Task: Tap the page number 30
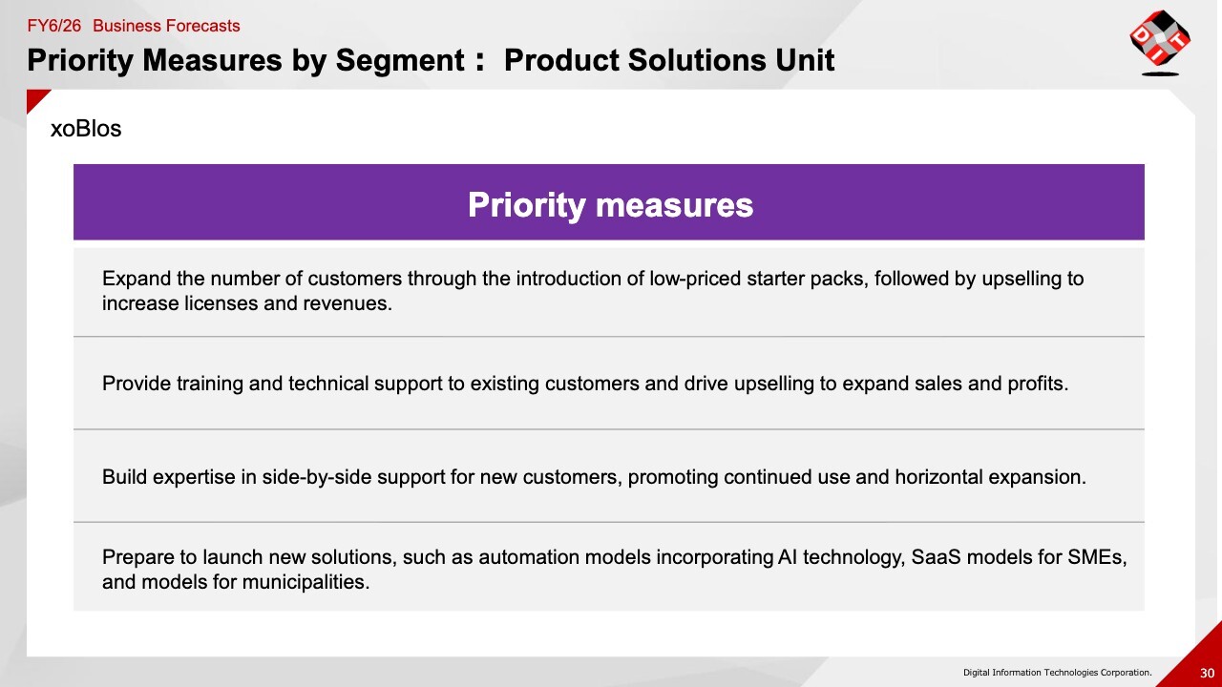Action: [1207, 673]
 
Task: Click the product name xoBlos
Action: [86, 129]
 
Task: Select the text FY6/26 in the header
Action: [54, 26]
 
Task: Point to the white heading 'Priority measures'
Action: [610, 205]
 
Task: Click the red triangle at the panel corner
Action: [35, 98]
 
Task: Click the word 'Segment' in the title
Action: [400, 60]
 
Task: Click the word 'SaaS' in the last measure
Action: [936, 557]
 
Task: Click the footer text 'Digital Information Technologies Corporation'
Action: [1057, 673]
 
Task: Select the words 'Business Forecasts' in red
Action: [166, 26]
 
